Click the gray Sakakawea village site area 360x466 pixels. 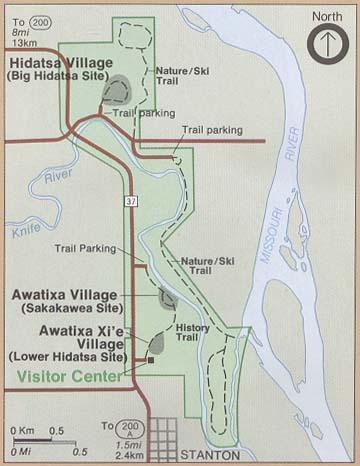click(167, 297)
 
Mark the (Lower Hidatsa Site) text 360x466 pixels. click(66, 356)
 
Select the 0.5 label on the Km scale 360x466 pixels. click(58, 430)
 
